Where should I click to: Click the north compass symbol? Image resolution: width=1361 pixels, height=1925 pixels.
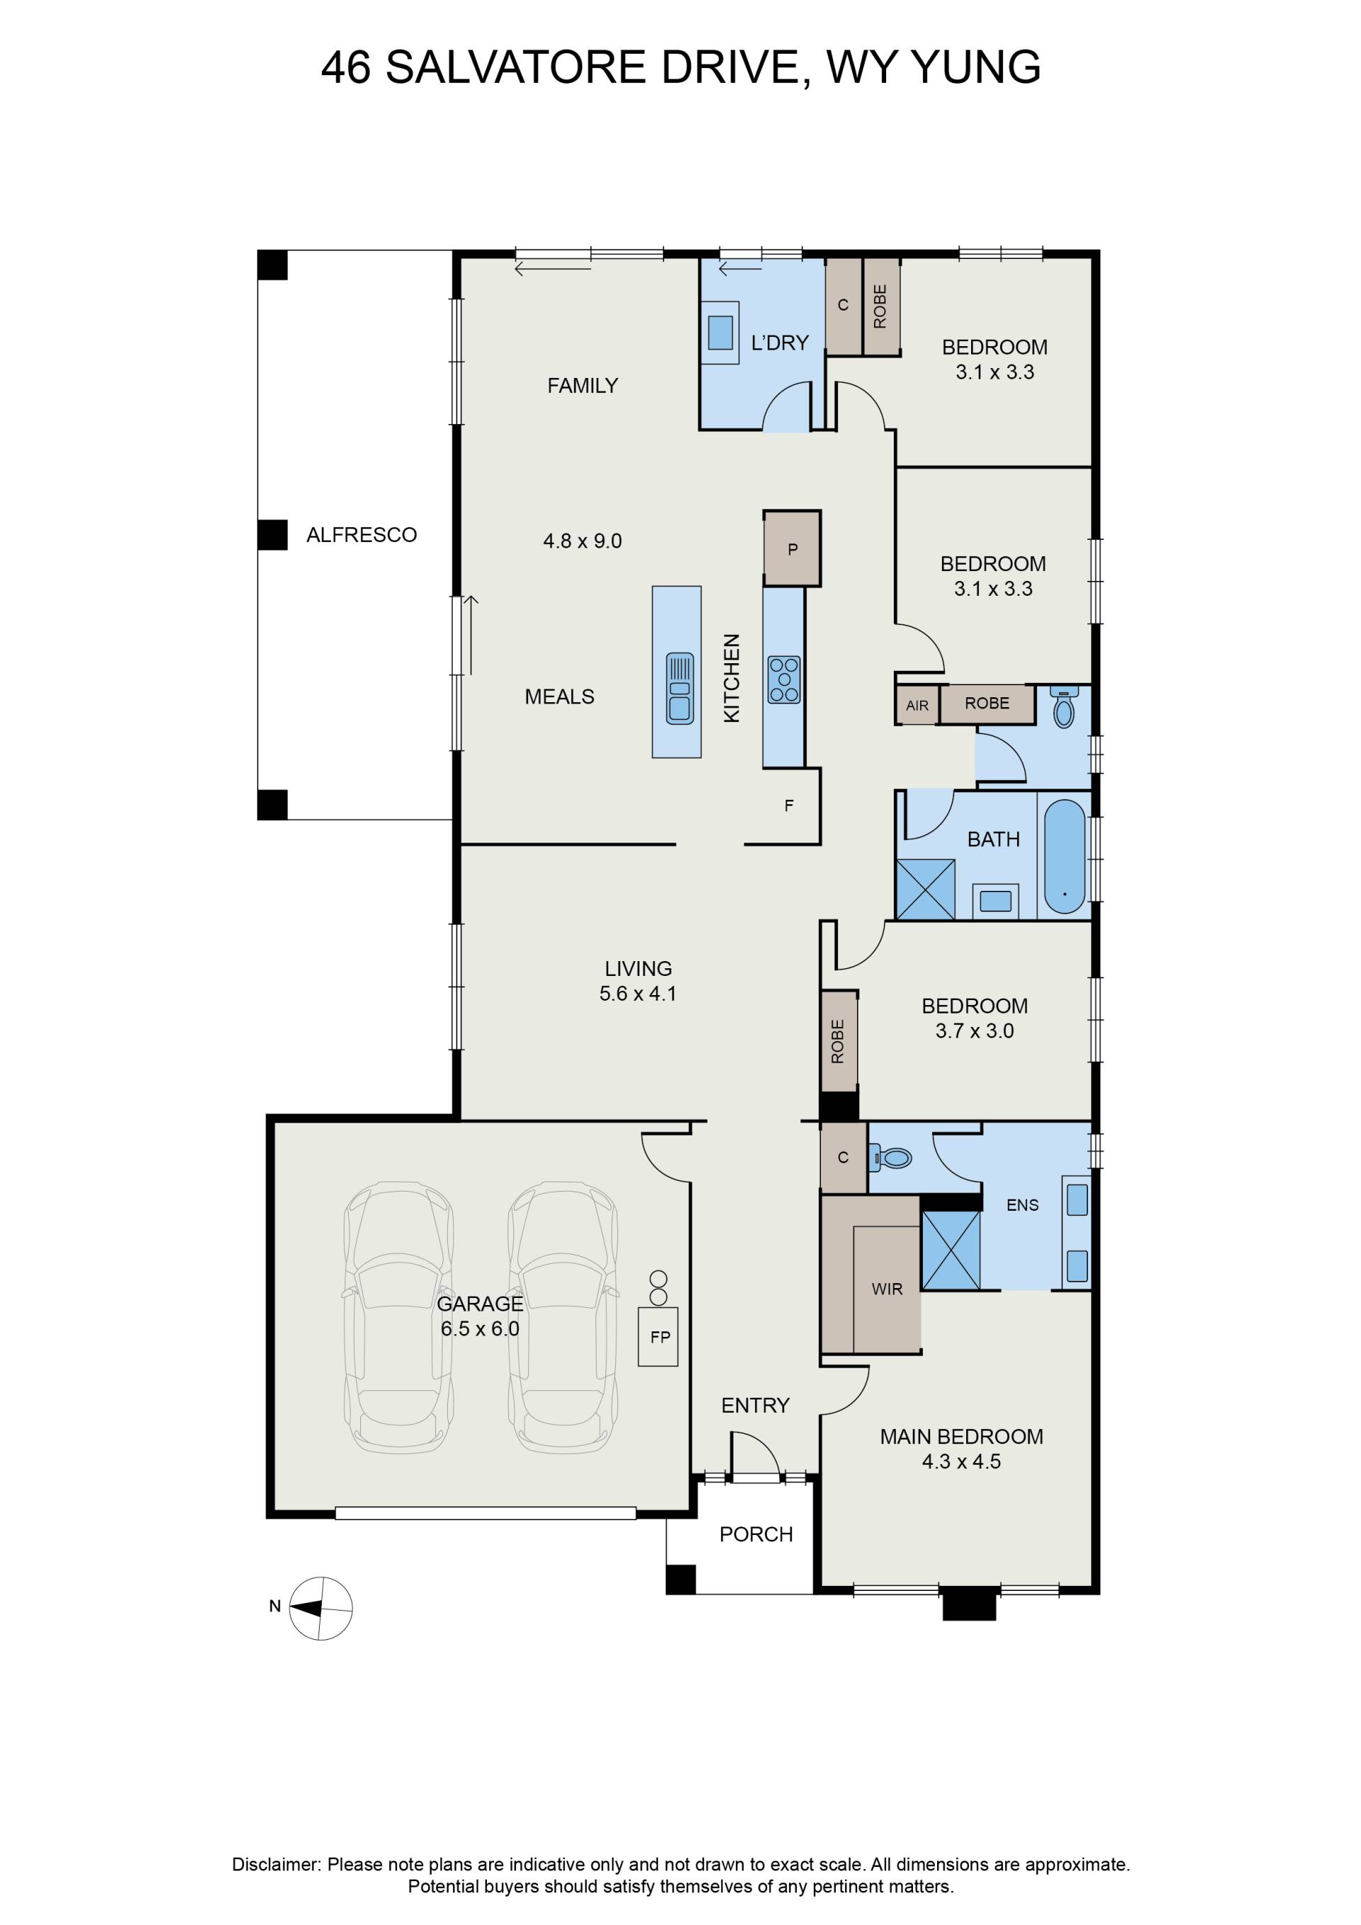click(320, 1608)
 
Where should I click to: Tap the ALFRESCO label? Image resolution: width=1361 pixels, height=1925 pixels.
click(362, 535)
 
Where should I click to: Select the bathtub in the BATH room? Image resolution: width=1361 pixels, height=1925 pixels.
click(1064, 856)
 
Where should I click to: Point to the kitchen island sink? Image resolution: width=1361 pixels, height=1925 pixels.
click(679, 688)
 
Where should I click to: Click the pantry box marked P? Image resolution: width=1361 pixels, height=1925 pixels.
click(792, 549)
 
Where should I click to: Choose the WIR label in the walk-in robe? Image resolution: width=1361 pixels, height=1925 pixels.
click(887, 1289)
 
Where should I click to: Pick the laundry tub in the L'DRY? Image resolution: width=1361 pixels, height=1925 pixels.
click(720, 332)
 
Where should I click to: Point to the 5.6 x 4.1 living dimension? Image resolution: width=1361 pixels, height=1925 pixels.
click(638, 994)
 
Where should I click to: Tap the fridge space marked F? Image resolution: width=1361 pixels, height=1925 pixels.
click(789, 806)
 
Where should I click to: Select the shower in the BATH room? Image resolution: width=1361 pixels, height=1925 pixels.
click(925, 888)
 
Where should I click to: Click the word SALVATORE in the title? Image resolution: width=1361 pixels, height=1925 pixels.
click(515, 67)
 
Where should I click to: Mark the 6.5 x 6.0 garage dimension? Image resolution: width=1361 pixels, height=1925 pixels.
click(480, 1329)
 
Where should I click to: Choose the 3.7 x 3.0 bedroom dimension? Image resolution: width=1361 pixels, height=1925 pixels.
click(975, 1031)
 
